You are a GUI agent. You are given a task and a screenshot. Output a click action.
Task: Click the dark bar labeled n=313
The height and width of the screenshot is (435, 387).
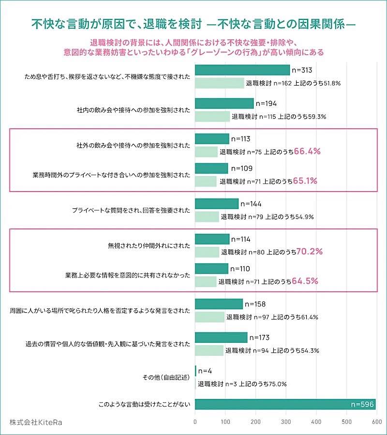tap(242, 70)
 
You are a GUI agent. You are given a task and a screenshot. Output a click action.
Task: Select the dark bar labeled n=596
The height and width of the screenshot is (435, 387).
tap(285, 405)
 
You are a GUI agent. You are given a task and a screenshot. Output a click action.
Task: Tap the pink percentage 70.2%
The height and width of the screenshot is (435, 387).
tap(309, 251)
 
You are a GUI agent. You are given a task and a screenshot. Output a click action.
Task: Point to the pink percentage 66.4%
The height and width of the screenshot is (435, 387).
tap(308, 151)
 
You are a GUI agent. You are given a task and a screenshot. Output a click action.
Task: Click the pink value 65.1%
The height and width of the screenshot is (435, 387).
tap(306, 181)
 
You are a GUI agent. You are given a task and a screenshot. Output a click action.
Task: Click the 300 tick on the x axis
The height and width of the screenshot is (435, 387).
tap(286, 422)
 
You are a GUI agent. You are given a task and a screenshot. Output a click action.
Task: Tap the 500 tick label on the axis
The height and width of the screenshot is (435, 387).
tap(346, 422)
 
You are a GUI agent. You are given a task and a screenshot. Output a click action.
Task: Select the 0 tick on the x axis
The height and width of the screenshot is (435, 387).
tap(195, 422)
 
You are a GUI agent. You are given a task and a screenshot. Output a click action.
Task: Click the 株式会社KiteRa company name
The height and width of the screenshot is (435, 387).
tap(36, 422)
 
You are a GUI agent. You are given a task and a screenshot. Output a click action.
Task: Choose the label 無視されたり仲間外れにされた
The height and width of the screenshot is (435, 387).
tap(149, 245)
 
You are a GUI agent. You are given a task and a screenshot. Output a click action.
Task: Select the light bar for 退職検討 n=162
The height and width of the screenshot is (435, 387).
tap(220, 83)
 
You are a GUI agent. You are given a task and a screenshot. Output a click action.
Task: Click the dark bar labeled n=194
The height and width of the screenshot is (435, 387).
tap(224, 103)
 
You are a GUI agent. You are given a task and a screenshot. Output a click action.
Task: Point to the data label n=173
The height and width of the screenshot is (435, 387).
tap(259, 337)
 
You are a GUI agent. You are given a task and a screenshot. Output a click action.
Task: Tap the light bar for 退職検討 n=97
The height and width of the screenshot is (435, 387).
tap(210, 317)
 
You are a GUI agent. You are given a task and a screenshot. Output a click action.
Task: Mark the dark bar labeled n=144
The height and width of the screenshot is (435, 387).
tap(217, 203)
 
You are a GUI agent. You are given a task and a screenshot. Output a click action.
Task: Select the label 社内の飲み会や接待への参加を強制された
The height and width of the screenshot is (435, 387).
tap(134, 110)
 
